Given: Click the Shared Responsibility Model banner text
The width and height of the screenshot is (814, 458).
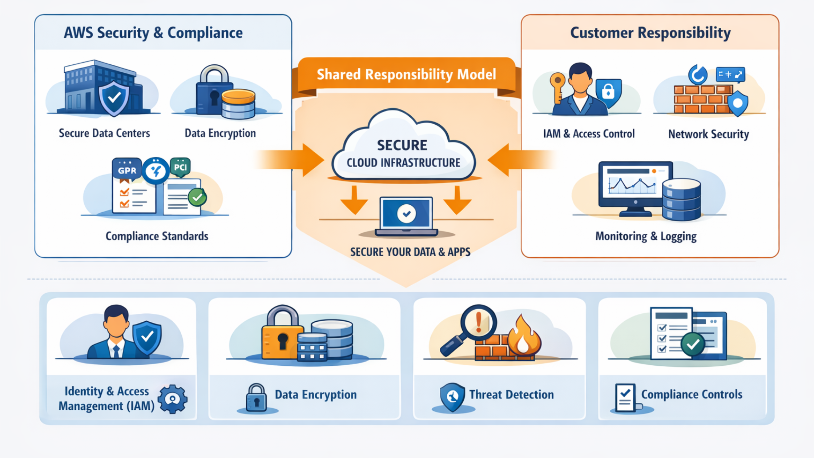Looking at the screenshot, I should pyautogui.click(x=406, y=75).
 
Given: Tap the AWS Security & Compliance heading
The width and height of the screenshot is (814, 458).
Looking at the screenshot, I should pyautogui.click(x=153, y=33).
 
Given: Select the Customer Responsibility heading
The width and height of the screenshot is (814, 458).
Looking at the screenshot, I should pyautogui.click(x=650, y=33).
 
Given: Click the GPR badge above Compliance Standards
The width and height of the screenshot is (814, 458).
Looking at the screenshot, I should pyautogui.click(x=127, y=170).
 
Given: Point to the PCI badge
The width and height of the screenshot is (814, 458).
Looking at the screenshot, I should pyautogui.click(x=180, y=167).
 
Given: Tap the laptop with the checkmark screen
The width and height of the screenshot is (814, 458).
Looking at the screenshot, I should pyautogui.click(x=406, y=216).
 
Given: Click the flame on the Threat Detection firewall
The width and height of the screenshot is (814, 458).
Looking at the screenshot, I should pyautogui.click(x=523, y=336).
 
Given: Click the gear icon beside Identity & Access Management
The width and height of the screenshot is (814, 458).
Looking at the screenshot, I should pyautogui.click(x=173, y=399).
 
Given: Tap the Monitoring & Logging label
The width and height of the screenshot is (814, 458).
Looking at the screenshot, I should pyautogui.click(x=646, y=236).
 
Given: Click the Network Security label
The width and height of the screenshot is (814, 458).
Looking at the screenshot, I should pyautogui.click(x=708, y=134).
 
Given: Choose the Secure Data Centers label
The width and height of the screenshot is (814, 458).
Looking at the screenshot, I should pyautogui.click(x=104, y=133).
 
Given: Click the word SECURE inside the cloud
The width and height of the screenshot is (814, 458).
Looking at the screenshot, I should pyautogui.click(x=402, y=145).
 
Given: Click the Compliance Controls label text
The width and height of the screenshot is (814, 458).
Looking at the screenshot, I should pyautogui.click(x=691, y=394).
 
